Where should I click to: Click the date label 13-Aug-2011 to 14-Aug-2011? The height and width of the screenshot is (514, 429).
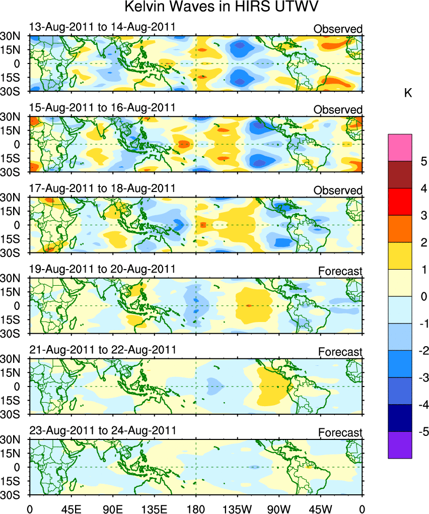[x=102, y=27]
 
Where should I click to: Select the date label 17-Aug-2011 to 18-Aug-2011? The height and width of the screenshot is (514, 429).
[x=102, y=188]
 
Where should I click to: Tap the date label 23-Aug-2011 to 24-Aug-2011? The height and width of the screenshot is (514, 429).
[x=102, y=431]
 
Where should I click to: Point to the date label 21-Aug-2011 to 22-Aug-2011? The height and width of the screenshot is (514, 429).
[x=102, y=350]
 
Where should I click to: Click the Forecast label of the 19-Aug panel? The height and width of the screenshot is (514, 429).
[x=340, y=272]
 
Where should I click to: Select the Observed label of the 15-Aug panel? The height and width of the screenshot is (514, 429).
[x=338, y=110]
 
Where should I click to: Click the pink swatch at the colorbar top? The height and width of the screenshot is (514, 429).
[x=400, y=147]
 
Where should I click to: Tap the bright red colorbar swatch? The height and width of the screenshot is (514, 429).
[x=400, y=202]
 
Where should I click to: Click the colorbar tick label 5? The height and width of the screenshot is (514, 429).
[x=424, y=161]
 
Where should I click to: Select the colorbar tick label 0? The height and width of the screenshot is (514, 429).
[x=424, y=296]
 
